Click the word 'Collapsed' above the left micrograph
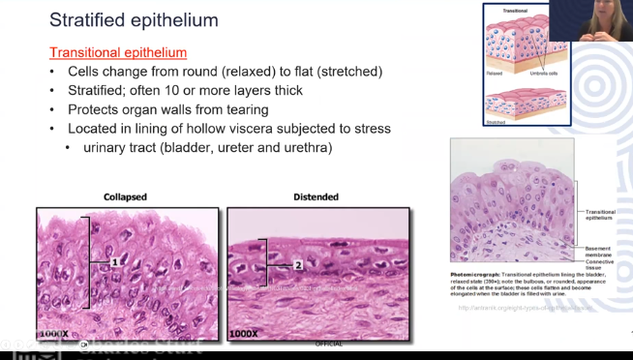pos(125,197)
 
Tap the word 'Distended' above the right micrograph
pos(316,197)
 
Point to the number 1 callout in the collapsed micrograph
pos(113,262)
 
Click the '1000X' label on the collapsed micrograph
pos(53,334)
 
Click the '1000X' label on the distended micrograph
pos(244,334)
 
